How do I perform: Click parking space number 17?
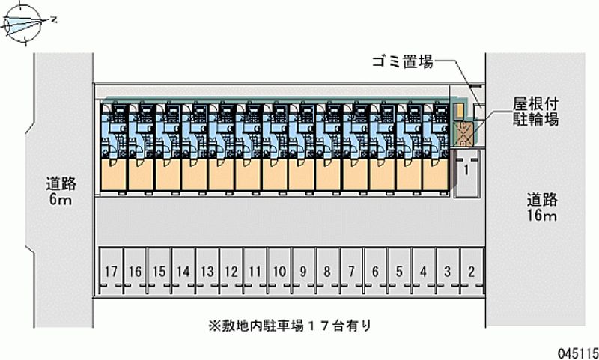[x=111, y=272]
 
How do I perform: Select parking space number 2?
[x=471, y=272]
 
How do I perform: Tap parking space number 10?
[x=279, y=272]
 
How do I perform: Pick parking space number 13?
[x=207, y=272]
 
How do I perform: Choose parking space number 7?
[x=351, y=272]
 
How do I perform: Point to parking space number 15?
[x=159, y=272]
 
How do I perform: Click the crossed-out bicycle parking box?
[x=464, y=132]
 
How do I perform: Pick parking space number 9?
[x=303, y=272]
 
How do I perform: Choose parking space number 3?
[x=447, y=272]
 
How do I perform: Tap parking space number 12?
[x=231, y=272]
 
